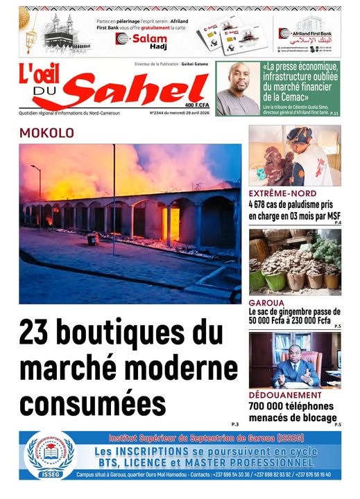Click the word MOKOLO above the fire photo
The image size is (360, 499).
point(46,132)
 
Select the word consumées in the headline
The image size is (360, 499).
point(93,403)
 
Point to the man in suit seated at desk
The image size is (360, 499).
point(294,369)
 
